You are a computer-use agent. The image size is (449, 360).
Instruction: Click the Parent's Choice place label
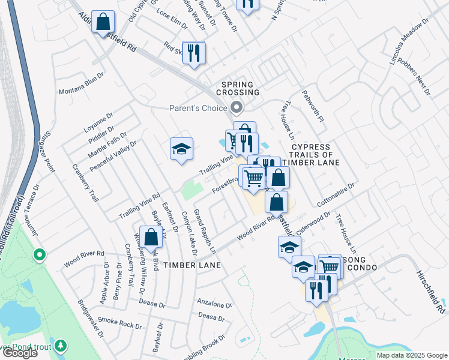[197, 108]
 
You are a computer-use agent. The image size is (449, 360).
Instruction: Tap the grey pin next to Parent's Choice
[237, 108]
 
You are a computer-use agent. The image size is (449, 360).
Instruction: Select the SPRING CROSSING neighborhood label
[241, 88]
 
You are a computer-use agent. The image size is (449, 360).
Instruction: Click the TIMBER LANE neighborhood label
[192, 265]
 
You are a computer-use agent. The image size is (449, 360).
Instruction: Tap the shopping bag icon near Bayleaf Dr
[151, 236]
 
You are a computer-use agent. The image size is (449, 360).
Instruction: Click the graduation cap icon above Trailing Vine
[181, 148]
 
